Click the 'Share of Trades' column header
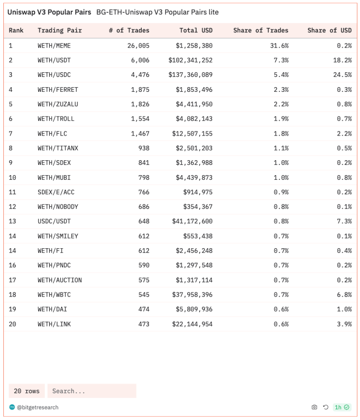[260, 31]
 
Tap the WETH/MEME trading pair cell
[54, 45]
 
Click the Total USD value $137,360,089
[190, 75]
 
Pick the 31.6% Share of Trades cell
[279, 45]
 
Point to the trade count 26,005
[138, 45]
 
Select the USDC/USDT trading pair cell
[54, 221]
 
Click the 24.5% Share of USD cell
[343, 75]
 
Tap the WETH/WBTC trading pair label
[54, 295]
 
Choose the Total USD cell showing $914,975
[198, 192]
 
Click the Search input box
[91, 391]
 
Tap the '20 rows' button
[26, 391]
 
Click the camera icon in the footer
[314, 407]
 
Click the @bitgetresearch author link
[37, 407]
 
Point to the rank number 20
[12, 324]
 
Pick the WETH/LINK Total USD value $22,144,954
[192, 324]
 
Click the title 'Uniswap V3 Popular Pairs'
[49, 12]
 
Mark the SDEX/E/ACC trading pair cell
[56, 192]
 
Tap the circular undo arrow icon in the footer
[326, 407]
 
